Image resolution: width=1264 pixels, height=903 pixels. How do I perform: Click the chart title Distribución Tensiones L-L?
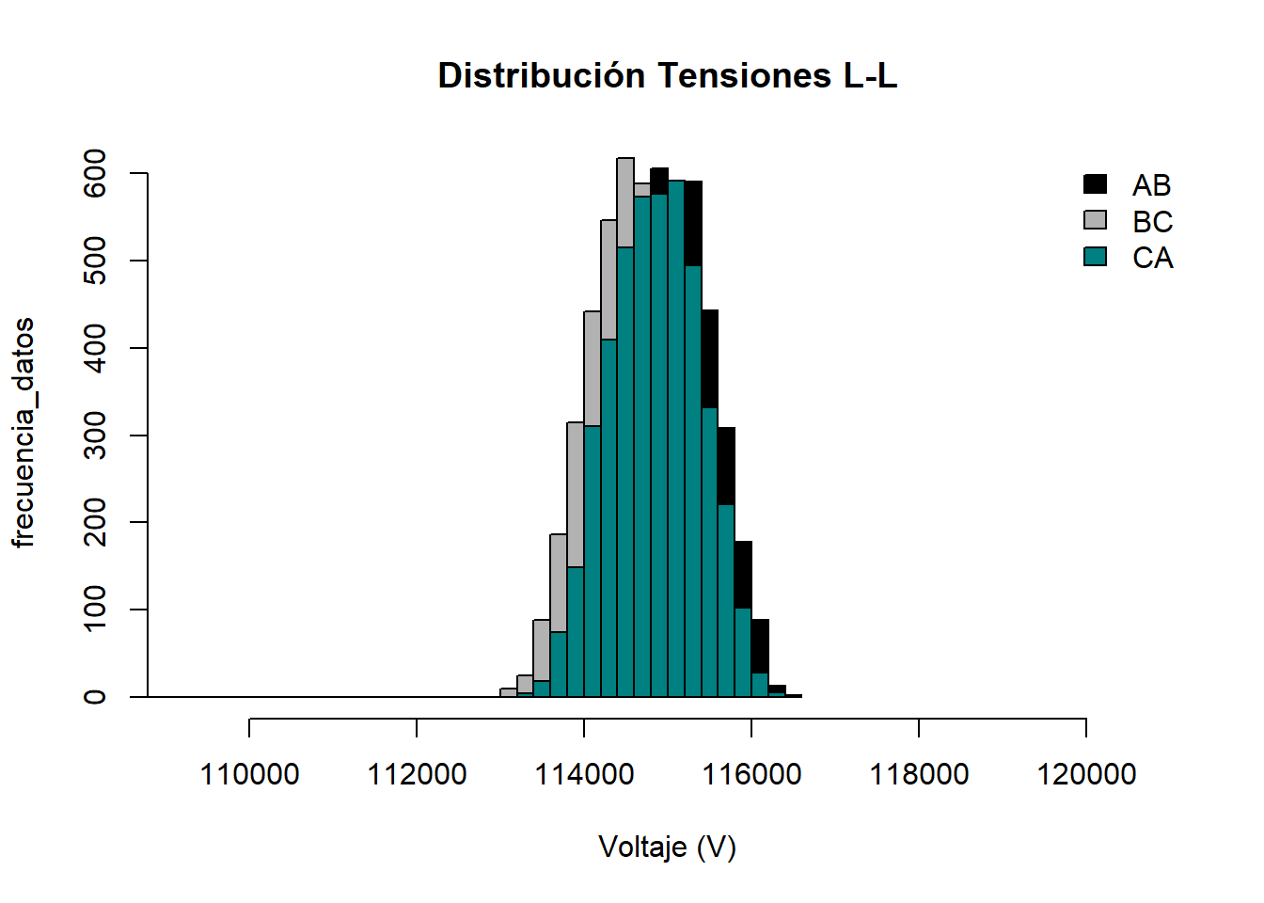coord(667,76)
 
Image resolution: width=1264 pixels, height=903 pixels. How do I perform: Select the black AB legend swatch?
coord(1095,184)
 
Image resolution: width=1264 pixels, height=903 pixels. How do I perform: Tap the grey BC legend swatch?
coord(1095,220)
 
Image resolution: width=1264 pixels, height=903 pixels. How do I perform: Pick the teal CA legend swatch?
coord(1095,257)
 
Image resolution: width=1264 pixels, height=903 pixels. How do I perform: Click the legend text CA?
coord(1152,258)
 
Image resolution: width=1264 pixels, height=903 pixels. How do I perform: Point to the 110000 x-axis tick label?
coord(249,774)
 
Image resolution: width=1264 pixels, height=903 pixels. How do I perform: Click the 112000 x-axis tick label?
coord(417,774)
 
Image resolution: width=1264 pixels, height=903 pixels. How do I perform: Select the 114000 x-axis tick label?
coord(584,774)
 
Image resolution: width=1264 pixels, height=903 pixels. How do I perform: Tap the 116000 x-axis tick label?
coord(751,774)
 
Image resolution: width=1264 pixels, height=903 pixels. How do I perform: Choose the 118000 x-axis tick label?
coord(919,774)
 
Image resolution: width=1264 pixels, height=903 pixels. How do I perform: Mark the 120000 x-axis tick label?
coord(1086,774)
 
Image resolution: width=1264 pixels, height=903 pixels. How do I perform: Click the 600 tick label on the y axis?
coord(95,173)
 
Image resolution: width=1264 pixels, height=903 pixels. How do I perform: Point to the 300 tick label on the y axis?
coord(95,436)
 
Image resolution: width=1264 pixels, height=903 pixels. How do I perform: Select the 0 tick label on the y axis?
coord(95,697)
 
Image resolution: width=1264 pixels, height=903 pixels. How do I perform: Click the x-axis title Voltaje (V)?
coord(667,848)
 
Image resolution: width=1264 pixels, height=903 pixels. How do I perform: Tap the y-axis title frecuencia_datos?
coord(24,433)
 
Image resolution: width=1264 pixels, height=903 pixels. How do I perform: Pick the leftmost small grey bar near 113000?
coord(509,693)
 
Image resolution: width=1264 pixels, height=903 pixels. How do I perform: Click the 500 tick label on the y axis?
coord(95,261)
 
